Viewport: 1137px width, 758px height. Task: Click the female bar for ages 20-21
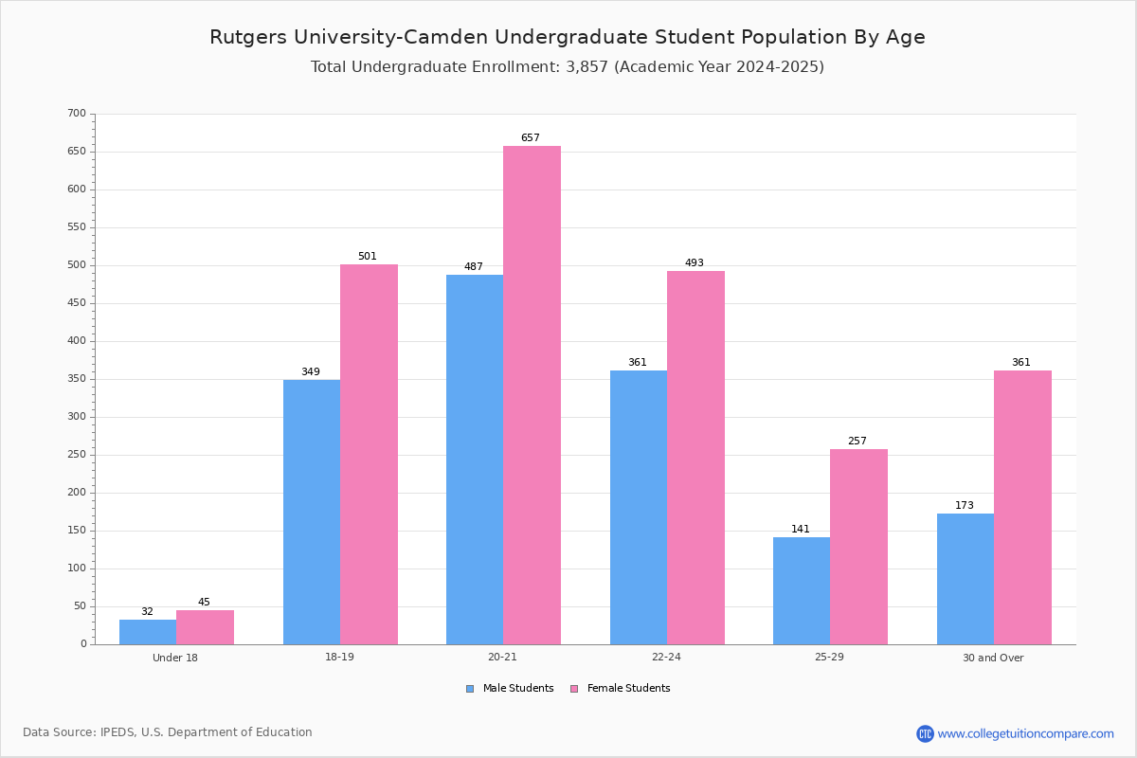[x=532, y=395]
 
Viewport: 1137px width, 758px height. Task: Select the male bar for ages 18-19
[x=312, y=512]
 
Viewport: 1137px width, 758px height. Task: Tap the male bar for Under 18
[x=148, y=632]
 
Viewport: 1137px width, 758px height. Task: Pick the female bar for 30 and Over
[x=1022, y=507]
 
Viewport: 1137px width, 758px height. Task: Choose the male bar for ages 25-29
[x=802, y=590]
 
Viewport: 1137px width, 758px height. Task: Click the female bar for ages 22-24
[x=695, y=458]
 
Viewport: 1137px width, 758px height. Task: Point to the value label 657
[x=531, y=137]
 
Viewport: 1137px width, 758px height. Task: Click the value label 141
[x=801, y=529]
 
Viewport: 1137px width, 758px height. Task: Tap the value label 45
[x=204, y=602]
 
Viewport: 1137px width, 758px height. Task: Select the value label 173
[x=965, y=505]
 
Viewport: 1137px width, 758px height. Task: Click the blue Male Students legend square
[x=470, y=689]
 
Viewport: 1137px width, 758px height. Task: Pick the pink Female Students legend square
[x=574, y=689]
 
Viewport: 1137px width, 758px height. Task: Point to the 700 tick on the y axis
[x=77, y=113]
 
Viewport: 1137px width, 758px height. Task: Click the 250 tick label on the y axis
[x=77, y=455]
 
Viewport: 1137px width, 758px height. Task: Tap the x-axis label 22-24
[x=666, y=657]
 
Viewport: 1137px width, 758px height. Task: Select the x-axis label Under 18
[x=175, y=658]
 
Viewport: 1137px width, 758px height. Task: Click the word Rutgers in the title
[x=248, y=38]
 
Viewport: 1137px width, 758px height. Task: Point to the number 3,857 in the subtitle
[x=587, y=67]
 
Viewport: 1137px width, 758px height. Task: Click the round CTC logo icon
[x=925, y=733]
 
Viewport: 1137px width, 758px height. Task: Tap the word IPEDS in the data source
[x=117, y=732]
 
